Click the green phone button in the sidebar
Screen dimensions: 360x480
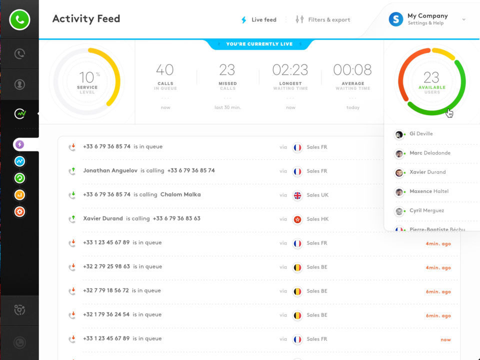(19, 20)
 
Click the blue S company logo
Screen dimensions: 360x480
(396, 19)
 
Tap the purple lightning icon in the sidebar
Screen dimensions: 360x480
(19, 144)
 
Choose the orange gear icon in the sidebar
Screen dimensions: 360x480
(19, 211)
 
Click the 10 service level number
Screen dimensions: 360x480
(86, 77)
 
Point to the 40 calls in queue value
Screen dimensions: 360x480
(165, 70)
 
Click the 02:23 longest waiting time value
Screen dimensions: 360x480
(290, 70)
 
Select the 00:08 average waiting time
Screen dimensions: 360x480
(352, 70)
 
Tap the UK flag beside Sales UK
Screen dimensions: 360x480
(297, 195)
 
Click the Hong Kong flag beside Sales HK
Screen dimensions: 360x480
(297, 219)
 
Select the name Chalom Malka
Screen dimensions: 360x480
(180, 194)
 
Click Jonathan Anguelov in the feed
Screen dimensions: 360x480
(110, 170)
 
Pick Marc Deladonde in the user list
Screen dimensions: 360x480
(429, 153)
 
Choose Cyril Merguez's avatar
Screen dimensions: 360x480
(399, 211)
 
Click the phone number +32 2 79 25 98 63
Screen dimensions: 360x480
(106, 266)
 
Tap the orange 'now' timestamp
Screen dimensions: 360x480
(445, 339)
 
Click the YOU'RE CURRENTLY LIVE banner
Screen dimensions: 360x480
(259, 44)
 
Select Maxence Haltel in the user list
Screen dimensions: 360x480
(429, 191)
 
